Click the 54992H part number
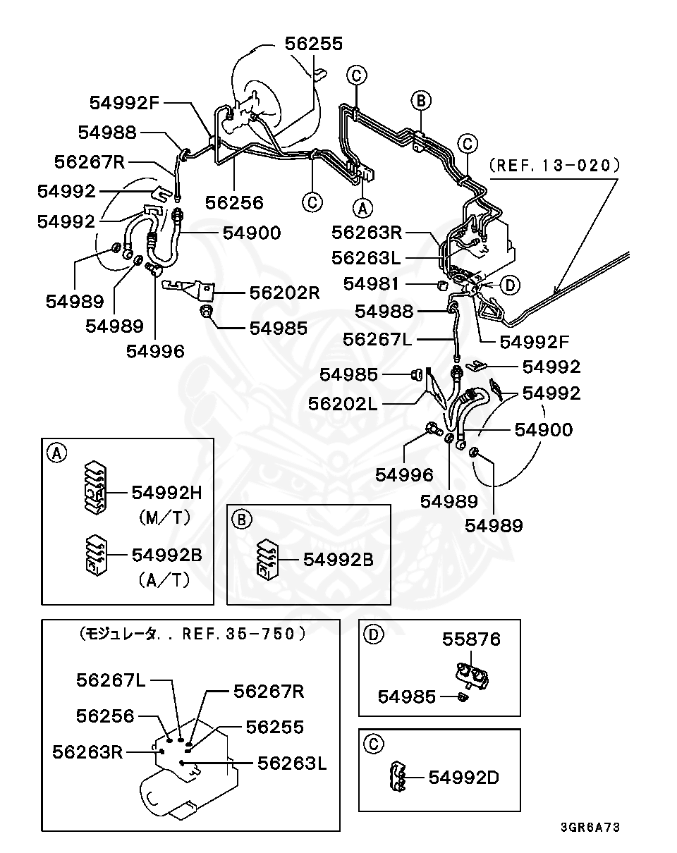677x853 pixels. [x=167, y=492]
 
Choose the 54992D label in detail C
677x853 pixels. [x=464, y=778]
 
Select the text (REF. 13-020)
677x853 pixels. [x=554, y=166]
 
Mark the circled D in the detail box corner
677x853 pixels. [x=373, y=634]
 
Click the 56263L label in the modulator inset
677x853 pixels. [x=292, y=763]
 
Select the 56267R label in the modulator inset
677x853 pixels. [x=269, y=691]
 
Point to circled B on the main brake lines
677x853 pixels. [x=421, y=101]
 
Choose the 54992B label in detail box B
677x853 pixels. [x=338, y=559]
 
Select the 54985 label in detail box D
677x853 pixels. [x=407, y=697]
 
